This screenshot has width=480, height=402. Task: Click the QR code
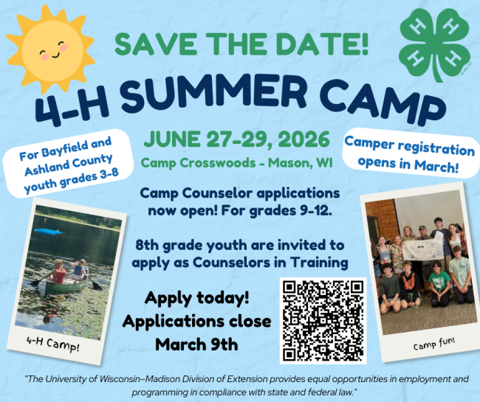[x=323, y=319]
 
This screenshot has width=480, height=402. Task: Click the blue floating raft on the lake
[x=47, y=231]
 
